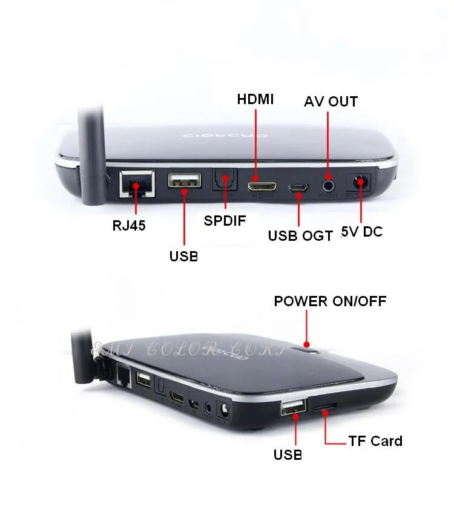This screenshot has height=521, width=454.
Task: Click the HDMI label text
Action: pyautogui.click(x=255, y=99)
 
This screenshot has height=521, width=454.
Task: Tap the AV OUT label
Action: pyautogui.click(x=330, y=101)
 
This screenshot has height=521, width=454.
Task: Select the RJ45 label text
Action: pyautogui.click(x=129, y=226)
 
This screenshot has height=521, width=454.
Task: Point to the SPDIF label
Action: pyautogui.click(x=225, y=220)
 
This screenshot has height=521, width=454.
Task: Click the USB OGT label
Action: pyautogui.click(x=300, y=235)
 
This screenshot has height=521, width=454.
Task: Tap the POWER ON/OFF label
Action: pyautogui.click(x=330, y=301)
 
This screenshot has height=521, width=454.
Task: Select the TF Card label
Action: pyautogui.click(x=375, y=441)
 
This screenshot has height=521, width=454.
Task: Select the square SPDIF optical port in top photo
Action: pyautogui.click(x=224, y=182)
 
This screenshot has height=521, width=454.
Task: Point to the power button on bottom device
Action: pyautogui.click(x=308, y=346)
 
